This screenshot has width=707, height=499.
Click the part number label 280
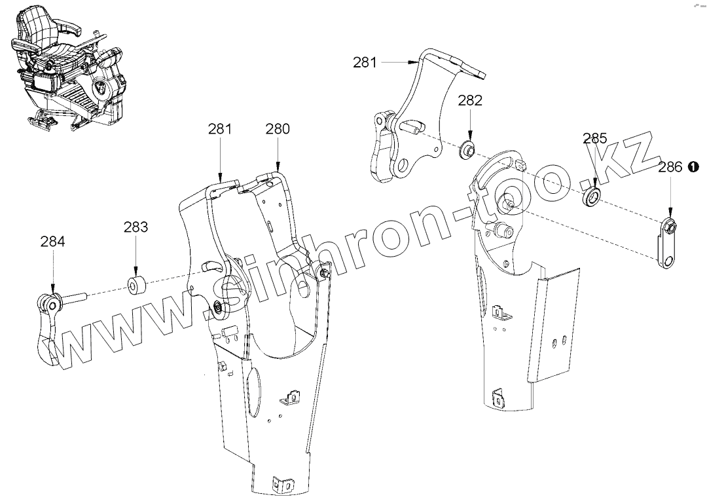(x=278, y=129)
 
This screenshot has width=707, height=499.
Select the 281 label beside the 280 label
(x=220, y=129)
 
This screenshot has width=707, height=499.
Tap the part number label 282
(x=470, y=100)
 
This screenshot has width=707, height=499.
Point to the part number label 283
(x=136, y=227)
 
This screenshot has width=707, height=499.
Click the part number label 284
(x=52, y=241)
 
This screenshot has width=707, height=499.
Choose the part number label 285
(x=595, y=139)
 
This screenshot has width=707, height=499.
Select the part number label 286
(x=670, y=168)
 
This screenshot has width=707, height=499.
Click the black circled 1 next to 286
(x=694, y=168)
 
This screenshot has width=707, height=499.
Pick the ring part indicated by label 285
(x=592, y=196)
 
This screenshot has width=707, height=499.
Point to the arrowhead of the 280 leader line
(x=278, y=172)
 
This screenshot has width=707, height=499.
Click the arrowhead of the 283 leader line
(x=136, y=278)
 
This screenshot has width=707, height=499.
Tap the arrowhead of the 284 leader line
(x=52, y=294)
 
